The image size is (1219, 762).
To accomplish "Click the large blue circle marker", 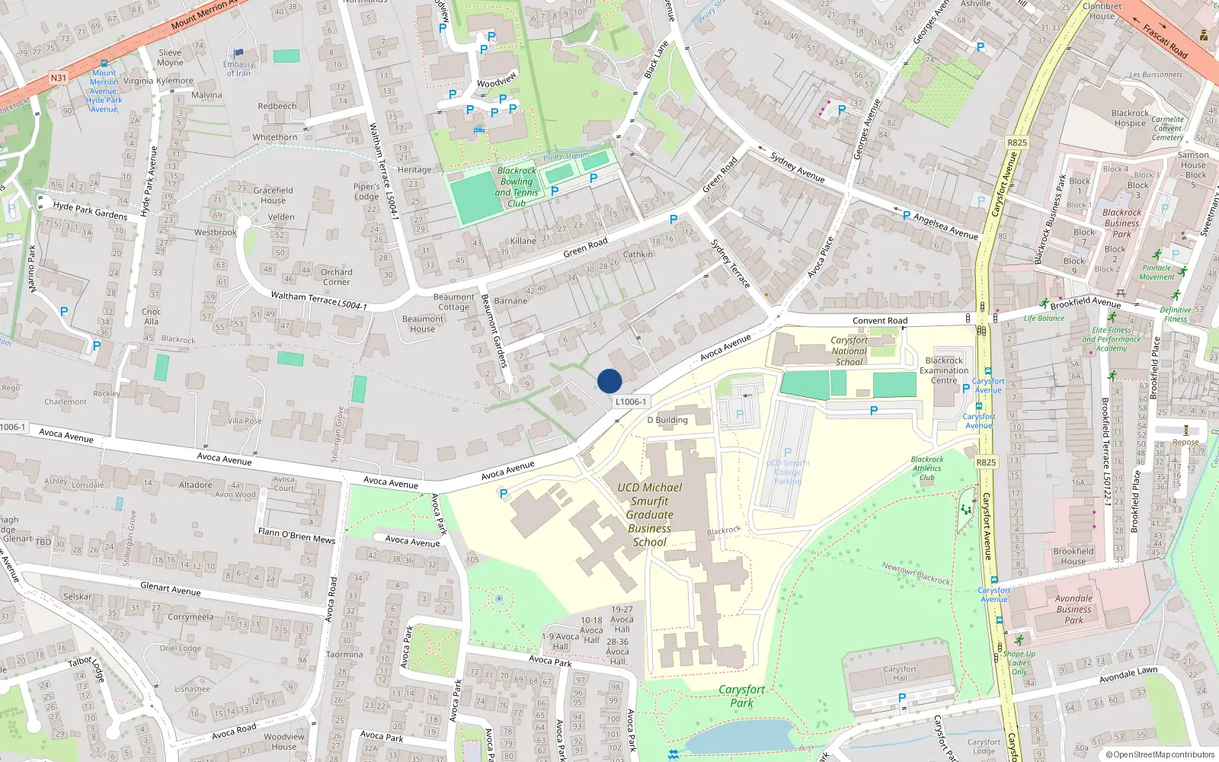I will pos(609,381).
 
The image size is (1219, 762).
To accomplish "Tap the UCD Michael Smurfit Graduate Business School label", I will pos(650,514).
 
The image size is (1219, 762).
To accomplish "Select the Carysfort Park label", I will pos(741,696).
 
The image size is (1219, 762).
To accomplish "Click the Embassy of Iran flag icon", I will pos(238,53).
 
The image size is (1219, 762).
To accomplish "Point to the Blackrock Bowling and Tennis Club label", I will pos(517,187).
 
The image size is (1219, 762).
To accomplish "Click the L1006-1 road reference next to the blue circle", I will pos(630,402).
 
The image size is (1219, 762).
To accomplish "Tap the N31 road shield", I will pos(59,78).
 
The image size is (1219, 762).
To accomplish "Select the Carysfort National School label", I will pos(849,351).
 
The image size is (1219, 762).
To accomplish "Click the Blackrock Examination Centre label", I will pos(944,370).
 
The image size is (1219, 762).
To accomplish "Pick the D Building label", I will pos(667,420).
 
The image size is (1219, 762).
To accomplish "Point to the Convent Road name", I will pos(880,321).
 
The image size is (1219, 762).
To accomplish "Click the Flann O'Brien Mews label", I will pos(296,536).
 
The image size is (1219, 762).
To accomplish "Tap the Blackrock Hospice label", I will pos(1130,118).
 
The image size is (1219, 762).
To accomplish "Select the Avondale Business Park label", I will pos(1073,609).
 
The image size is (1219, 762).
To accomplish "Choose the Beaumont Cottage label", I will pos(453,302).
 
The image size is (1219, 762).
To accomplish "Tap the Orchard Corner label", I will pos(336,277).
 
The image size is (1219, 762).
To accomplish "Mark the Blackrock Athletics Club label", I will pos(927,469).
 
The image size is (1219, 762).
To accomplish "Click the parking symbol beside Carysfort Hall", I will pos(902,698).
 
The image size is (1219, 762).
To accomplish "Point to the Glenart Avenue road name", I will pos(171,589).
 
